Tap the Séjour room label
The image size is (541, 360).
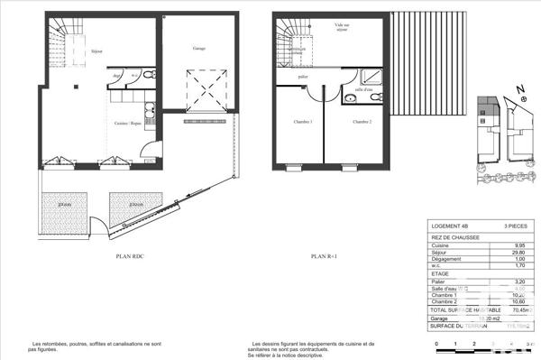pos(96,51)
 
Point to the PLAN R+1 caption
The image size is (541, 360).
pos(324,257)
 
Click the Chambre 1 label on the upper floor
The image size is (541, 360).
pos(302,123)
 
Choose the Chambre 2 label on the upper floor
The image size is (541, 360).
pos(362,123)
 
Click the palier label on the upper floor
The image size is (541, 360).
pos(305,78)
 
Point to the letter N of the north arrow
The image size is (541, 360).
pos(520,89)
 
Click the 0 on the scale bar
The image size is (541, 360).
pos(436,346)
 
